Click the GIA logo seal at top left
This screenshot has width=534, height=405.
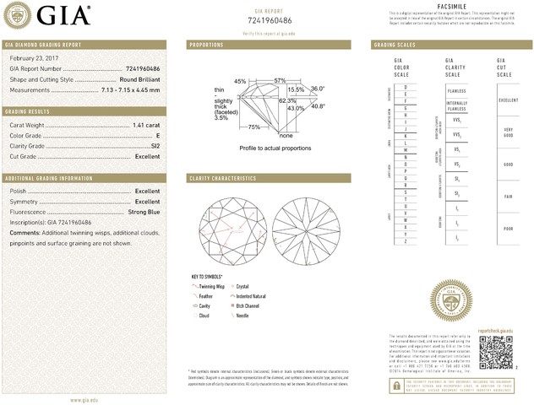[18, 16]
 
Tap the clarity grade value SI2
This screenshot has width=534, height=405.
[154, 146]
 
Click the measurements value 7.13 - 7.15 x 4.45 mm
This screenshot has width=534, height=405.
[129, 89]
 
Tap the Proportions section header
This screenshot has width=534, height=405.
[206, 44]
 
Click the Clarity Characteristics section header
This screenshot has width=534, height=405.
[222, 179]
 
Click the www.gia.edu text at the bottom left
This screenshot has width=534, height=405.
[87, 398]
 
